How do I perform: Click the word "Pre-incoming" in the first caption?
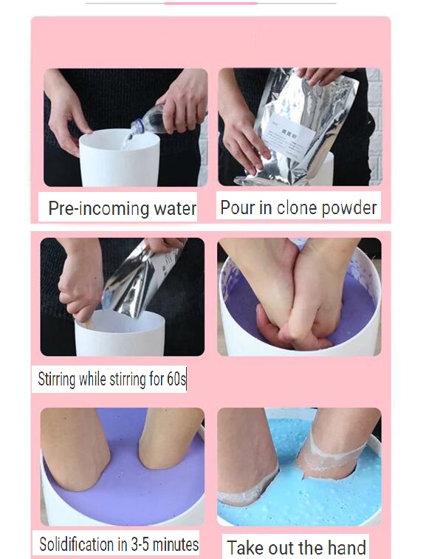pyautogui.click(x=98, y=208)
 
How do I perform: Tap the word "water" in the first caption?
pyautogui.click(x=175, y=208)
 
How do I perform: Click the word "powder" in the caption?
pyautogui.click(x=349, y=208)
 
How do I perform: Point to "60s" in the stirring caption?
pyautogui.click(x=176, y=379)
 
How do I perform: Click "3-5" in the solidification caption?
pyautogui.click(x=140, y=544)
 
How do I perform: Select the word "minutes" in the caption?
pyautogui.click(x=176, y=544)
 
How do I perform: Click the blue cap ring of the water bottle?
pyautogui.click(x=140, y=126)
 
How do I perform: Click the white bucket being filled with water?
pyautogui.click(x=120, y=158)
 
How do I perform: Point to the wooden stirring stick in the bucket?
pyautogui.click(x=88, y=323)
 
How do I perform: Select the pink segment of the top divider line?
pyautogui.click(x=211, y=3)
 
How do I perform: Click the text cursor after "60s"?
pyautogui.click(x=186, y=379)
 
